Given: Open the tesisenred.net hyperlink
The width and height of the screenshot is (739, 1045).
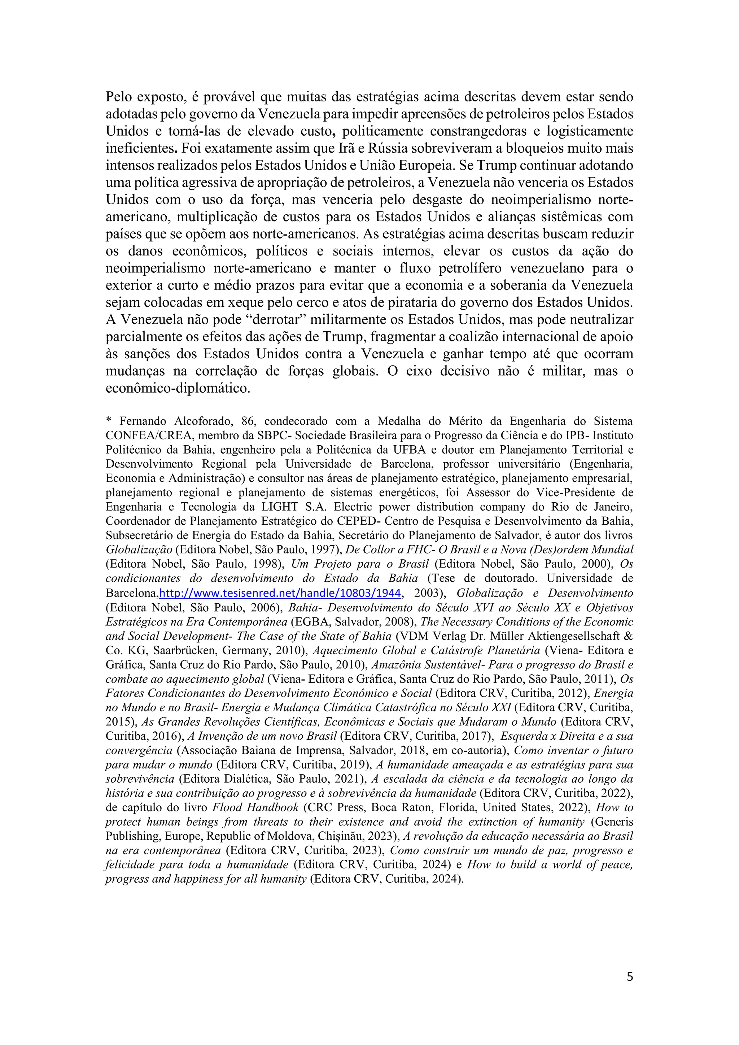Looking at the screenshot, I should click(x=280, y=593).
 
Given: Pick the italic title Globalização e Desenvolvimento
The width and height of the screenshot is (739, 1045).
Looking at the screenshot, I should click(x=545, y=593).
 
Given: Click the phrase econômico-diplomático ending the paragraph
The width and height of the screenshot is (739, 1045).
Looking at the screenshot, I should click(x=178, y=388).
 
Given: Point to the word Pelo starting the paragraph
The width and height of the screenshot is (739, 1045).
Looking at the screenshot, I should click(x=119, y=97).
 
